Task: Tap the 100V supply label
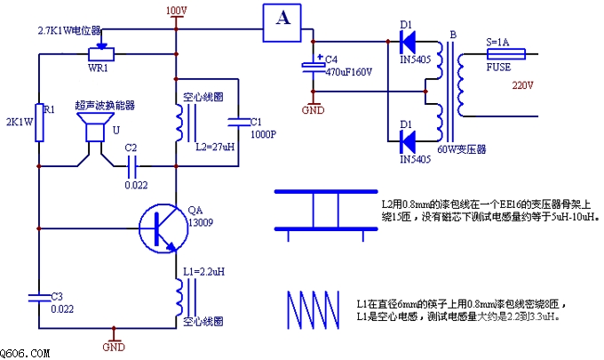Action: pyautogui.click(x=176, y=11)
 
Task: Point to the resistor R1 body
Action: pyautogui.click(x=39, y=116)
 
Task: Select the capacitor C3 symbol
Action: pyautogui.click(x=39, y=294)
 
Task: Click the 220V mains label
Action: pyautogui.click(x=523, y=85)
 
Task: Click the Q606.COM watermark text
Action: pyautogui.click(x=26, y=353)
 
